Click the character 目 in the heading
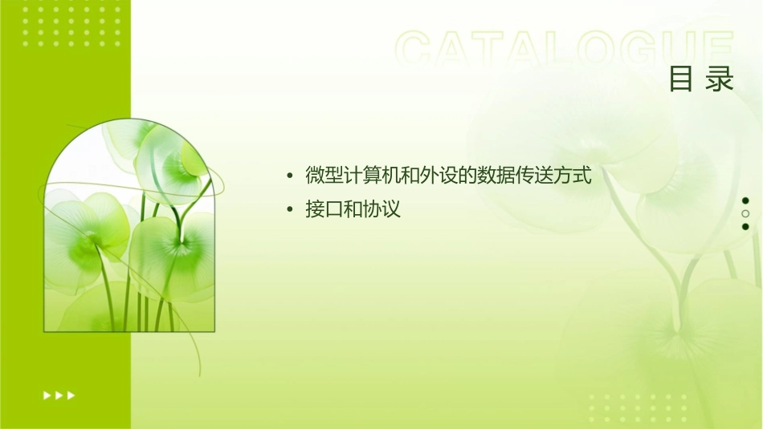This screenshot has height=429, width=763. click(681, 79)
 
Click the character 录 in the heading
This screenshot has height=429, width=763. click(720, 79)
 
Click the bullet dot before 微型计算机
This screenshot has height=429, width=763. click(289, 176)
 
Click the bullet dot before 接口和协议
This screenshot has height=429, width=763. click(289, 210)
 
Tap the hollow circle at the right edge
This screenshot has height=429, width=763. click(745, 213)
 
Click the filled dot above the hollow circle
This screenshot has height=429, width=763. click(745, 200)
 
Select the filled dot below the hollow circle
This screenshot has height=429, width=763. click(745, 226)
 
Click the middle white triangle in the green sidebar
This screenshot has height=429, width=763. click(59, 395)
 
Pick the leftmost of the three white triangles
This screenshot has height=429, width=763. click(47, 395)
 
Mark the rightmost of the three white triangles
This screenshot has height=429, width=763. click(71, 395)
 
